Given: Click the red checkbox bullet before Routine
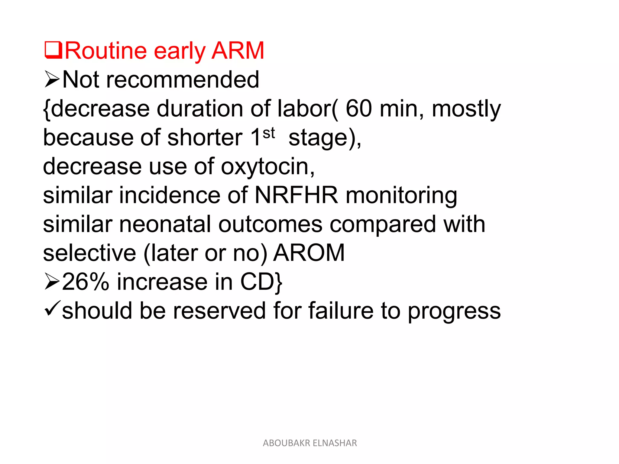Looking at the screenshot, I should [53, 50].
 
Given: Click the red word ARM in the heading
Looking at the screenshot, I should [238, 50].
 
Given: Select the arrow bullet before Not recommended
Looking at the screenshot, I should [52, 79].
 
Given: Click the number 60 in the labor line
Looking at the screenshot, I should [359, 108].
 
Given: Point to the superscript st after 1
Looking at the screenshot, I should [269, 133].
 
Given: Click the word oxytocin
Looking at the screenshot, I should [268, 167].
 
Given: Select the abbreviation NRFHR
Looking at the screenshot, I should [296, 195].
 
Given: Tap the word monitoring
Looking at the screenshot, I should [401, 196].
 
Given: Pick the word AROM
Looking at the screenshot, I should [309, 253].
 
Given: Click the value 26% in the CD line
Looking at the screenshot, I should [86, 282].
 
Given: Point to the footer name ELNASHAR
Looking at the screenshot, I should [335, 443].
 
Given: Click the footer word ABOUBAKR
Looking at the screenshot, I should [286, 443].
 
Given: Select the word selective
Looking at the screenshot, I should [89, 253].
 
